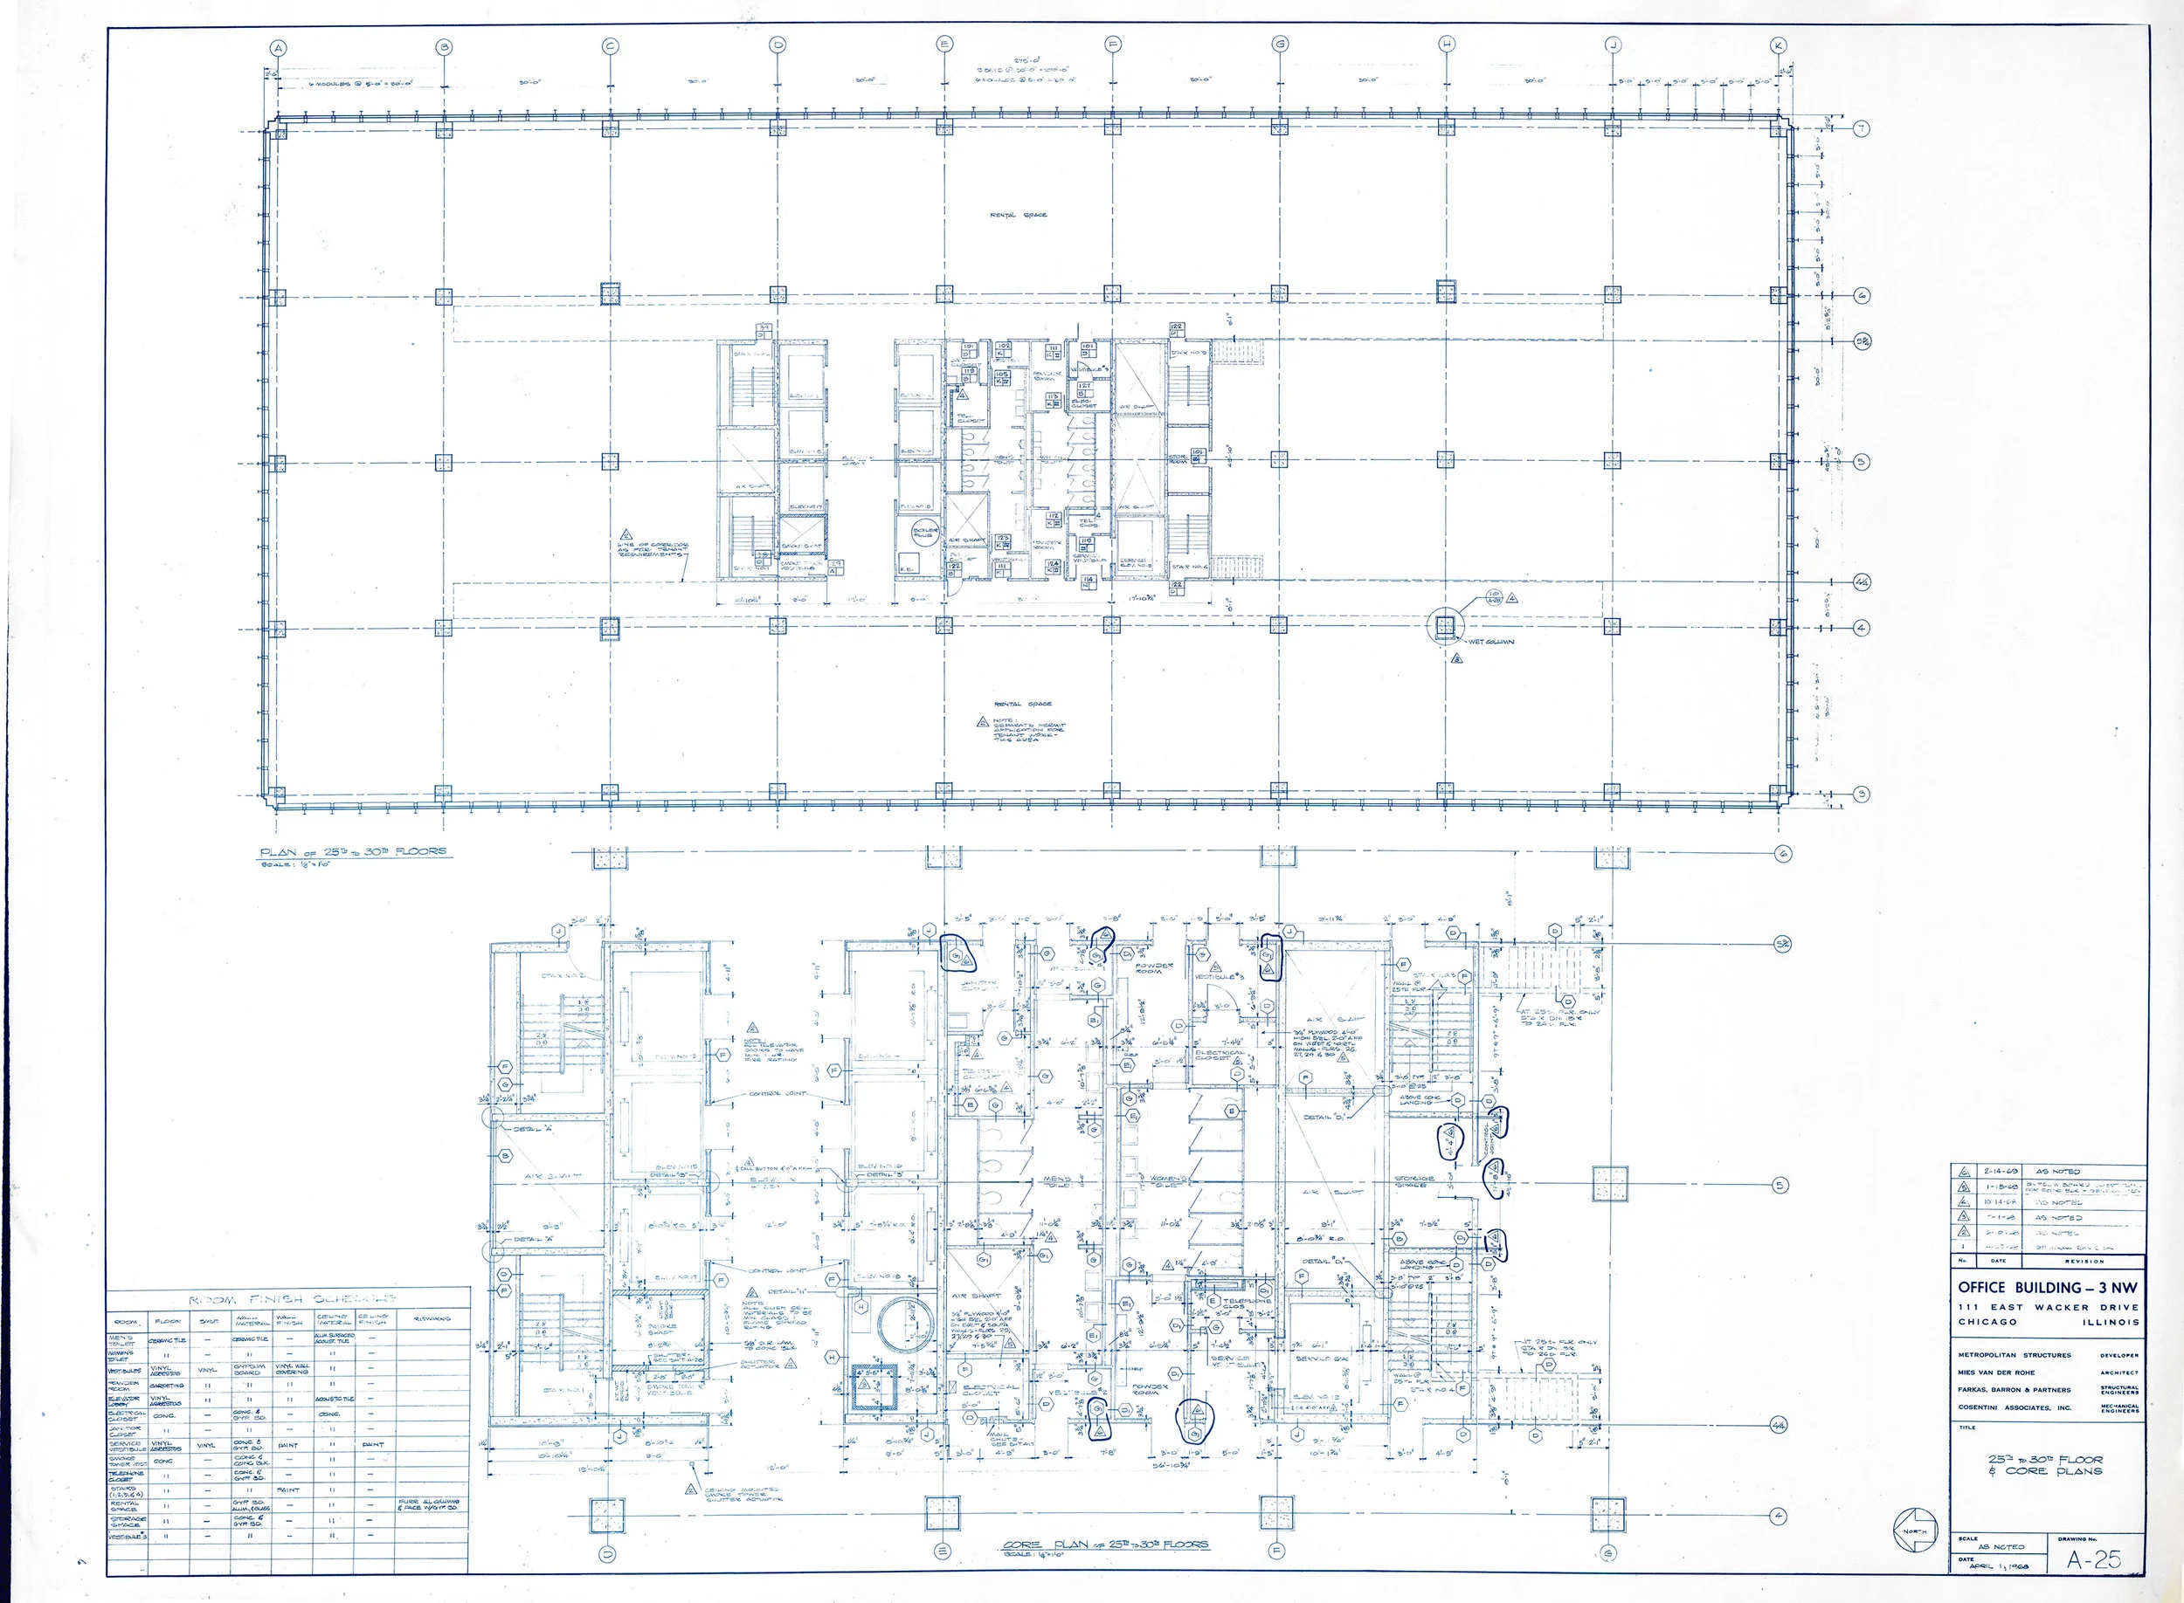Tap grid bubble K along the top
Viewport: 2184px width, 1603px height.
(1780, 45)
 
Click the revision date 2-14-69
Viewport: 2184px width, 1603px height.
(2001, 1171)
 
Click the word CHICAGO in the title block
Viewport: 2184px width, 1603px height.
(1985, 1322)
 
